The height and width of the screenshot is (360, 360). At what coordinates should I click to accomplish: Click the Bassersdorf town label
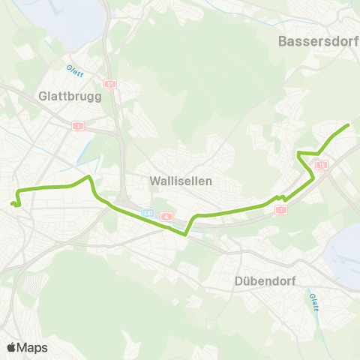(x=318, y=41)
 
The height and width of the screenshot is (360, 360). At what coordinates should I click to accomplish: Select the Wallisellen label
(x=181, y=181)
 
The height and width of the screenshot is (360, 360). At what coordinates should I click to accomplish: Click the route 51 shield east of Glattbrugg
(x=110, y=84)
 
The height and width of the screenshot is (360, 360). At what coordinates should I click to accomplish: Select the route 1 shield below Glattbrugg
(x=77, y=125)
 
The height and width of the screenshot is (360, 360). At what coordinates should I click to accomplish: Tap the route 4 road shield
(x=166, y=217)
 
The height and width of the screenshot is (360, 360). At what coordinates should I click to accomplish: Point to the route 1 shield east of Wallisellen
(x=281, y=210)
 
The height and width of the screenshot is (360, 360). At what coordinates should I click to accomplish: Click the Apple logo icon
(x=11, y=347)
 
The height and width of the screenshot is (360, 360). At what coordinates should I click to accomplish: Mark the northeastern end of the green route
(x=349, y=124)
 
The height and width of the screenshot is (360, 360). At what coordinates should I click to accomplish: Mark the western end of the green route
(x=13, y=202)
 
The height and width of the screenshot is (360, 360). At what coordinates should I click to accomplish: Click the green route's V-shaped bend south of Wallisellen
(x=185, y=233)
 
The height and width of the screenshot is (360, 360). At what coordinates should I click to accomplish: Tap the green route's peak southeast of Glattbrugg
(x=90, y=177)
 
